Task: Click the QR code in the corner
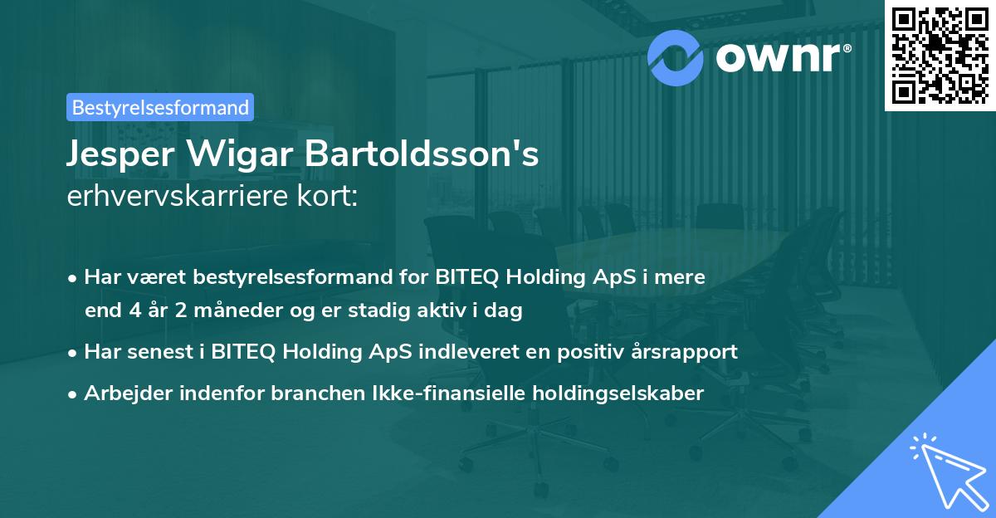click(x=940, y=55)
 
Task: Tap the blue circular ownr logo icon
click(x=675, y=57)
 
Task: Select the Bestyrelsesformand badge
click(x=160, y=107)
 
